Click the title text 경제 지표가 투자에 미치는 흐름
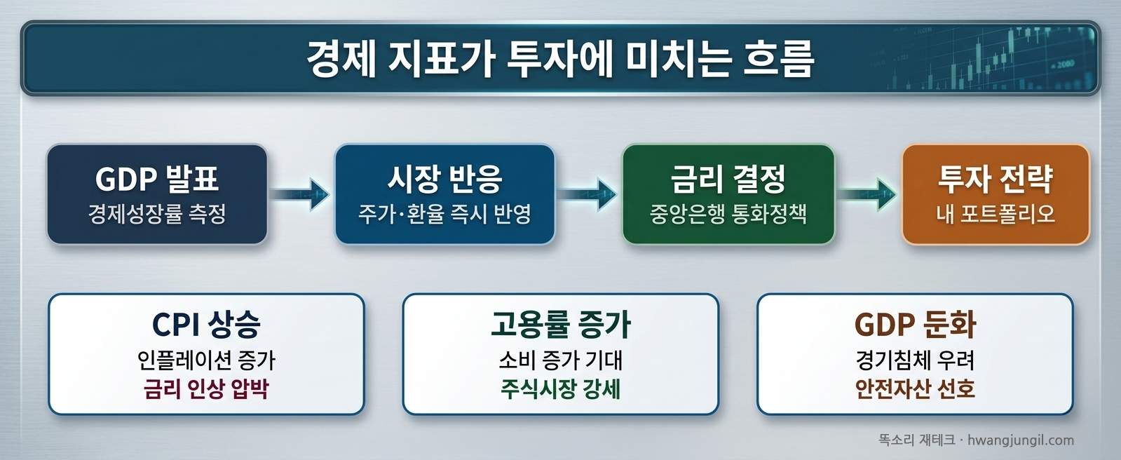click(x=560, y=59)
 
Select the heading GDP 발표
click(x=157, y=180)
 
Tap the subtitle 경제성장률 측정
click(x=157, y=214)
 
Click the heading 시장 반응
click(x=444, y=180)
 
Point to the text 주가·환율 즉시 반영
click(x=444, y=214)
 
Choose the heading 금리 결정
click(x=728, y=180)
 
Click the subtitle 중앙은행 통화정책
click(x=728, y=214)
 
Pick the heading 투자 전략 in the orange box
click(x=996, y=180)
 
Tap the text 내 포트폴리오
click(x=996, y=214)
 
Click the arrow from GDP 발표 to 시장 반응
click(x=301, y=194)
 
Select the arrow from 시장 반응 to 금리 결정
click(x=588, y=194)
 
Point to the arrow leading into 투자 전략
click(x=868, y=194)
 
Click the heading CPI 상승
click(x=206, y=325)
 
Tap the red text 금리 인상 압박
click(x=206, y=389)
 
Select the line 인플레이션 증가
click(x=206, y=360)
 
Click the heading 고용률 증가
click(x=561, y=325)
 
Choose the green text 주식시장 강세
click(x=561, y=389)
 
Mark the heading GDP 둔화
click(x=915, y=325)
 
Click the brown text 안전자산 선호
click(x=915, y=389)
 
